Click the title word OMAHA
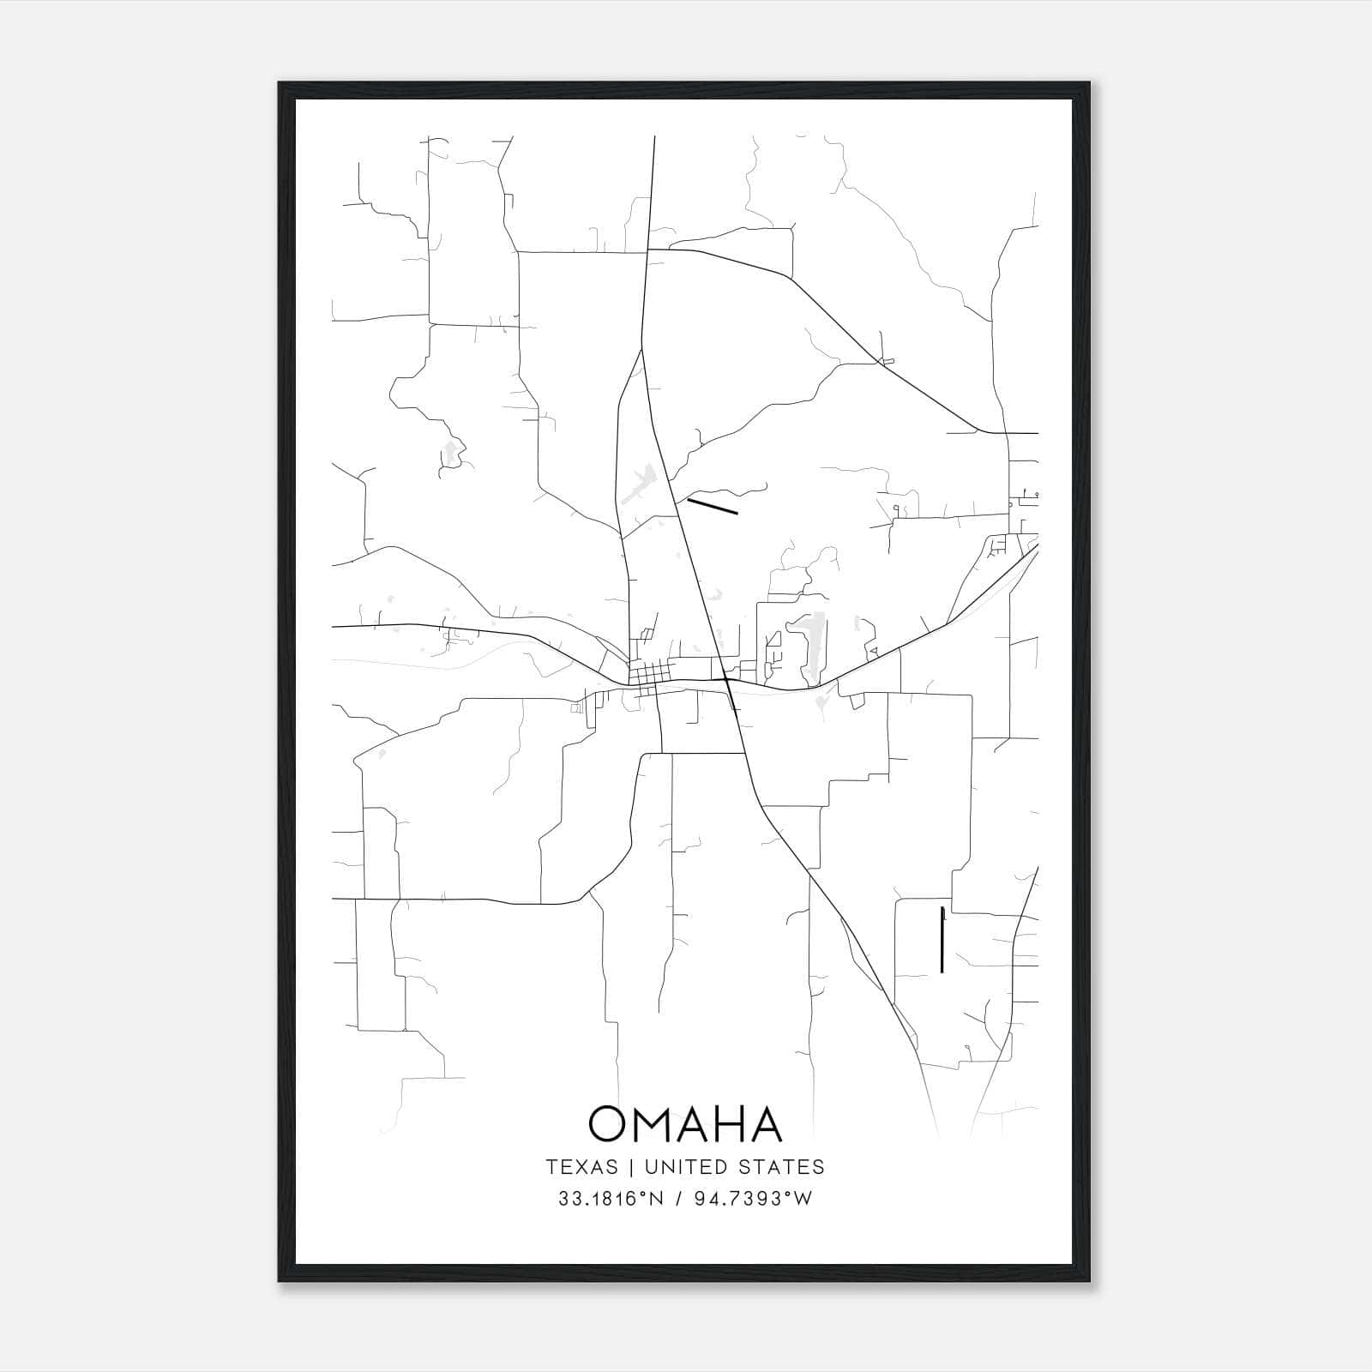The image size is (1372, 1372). (x=685, y=1124)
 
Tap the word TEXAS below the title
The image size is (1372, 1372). (x=581, y=1167)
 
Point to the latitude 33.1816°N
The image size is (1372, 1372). (x=611, y=1199)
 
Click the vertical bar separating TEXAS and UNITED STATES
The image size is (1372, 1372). (x=631, y=1167)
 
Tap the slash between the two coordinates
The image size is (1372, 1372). (x=678, y=1199)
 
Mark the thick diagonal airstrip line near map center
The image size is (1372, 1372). (x=713, y=506)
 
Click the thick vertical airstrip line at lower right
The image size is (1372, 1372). (x=942, y=939)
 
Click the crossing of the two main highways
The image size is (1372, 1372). (x=726, y=681)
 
